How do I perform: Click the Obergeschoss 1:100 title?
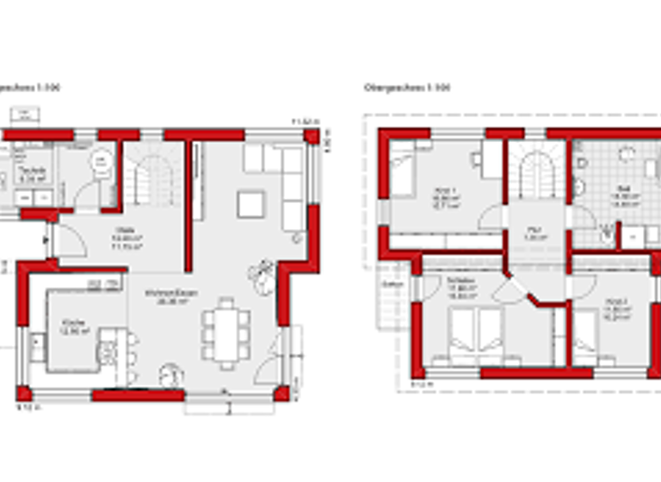[395, 87]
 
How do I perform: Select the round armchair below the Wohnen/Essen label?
[170, 374]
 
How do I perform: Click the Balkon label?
[392, 283]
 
